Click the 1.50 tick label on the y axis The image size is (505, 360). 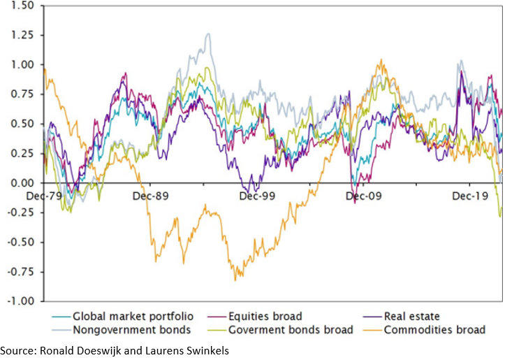click(x=20, y=6)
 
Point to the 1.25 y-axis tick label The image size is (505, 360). click(x=20, y=35)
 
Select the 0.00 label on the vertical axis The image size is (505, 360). click(x=20, y=183)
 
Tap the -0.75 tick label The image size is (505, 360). click(x=17, y=272)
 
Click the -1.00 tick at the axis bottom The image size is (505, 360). click(x=17, y=301)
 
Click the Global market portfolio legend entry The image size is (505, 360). click(x=133, y=316)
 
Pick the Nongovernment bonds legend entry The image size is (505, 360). click(x=122, y=329)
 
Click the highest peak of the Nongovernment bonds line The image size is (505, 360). click(x=207, y=34)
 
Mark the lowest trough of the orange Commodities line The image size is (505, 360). click(x=235, y=280)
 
